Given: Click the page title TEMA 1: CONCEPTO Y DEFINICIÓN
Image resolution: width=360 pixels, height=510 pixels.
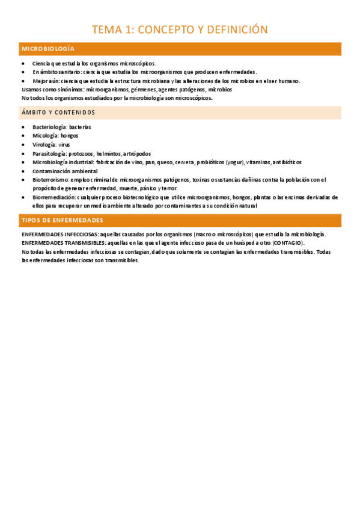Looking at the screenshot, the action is pos(180,29).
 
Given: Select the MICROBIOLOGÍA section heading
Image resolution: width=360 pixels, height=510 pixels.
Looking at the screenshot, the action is pos(48,49).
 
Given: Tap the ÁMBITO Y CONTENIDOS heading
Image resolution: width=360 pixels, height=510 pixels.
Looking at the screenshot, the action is pos(58,112).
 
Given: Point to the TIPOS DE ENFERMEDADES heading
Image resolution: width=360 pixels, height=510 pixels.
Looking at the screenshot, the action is pos(63,220).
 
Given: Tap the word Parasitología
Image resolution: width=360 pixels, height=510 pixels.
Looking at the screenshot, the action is pos(49,153).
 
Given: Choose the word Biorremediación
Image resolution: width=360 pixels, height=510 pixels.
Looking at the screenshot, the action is pos(53,197).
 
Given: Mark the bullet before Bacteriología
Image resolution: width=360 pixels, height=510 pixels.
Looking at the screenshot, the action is pos(23,127).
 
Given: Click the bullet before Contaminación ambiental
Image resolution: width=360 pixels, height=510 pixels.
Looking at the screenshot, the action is pos(23,171).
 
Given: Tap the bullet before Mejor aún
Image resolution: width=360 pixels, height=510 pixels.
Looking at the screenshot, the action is pos(23,81).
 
